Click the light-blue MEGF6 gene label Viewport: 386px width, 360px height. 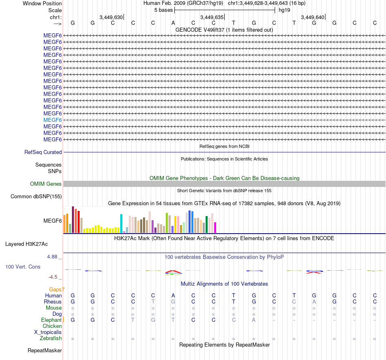52,120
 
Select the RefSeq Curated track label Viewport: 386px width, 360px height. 43,152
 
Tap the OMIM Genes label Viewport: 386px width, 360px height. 46,184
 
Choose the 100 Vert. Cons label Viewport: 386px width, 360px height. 23,267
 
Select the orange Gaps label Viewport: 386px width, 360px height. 57,289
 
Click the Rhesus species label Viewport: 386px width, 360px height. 53,302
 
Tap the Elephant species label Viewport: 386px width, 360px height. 51,320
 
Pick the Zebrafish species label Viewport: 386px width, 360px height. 51,338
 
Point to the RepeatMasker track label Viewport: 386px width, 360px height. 45,350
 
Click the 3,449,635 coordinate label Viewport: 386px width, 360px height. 212,17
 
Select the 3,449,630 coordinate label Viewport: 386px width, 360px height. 111,17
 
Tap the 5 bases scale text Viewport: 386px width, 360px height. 163,10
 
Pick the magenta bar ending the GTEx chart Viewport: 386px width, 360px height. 215,228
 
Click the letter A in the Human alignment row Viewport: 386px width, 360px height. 173,295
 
